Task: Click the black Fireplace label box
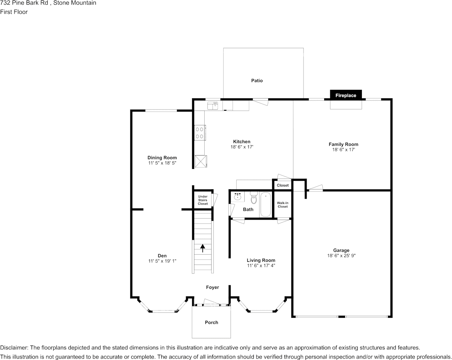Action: pos(345,95)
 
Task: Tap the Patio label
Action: pos(257,81)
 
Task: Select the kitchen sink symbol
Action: pos(212,105)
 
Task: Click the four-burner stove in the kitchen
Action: pos(199,132)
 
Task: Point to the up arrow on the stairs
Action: pos(202,248)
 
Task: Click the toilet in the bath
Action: pos(254,198)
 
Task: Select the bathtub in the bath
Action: pos(266,204)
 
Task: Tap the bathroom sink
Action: pos(238,196)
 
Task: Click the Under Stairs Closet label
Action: pos(203,200)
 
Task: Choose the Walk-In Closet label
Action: pos(283,205)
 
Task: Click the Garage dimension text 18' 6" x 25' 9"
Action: pos(341,256)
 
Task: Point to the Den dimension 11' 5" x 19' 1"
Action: pos(162,261)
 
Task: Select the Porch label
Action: pos(212,322)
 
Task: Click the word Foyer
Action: pos(212,287)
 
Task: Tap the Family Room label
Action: pos(343,144)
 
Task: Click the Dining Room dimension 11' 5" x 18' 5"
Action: pos(162,163)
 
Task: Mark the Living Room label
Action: pos(261,260)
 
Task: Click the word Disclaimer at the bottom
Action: pos(14,348)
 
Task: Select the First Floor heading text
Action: pos(14,12)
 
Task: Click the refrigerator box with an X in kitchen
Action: pos(200,161)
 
